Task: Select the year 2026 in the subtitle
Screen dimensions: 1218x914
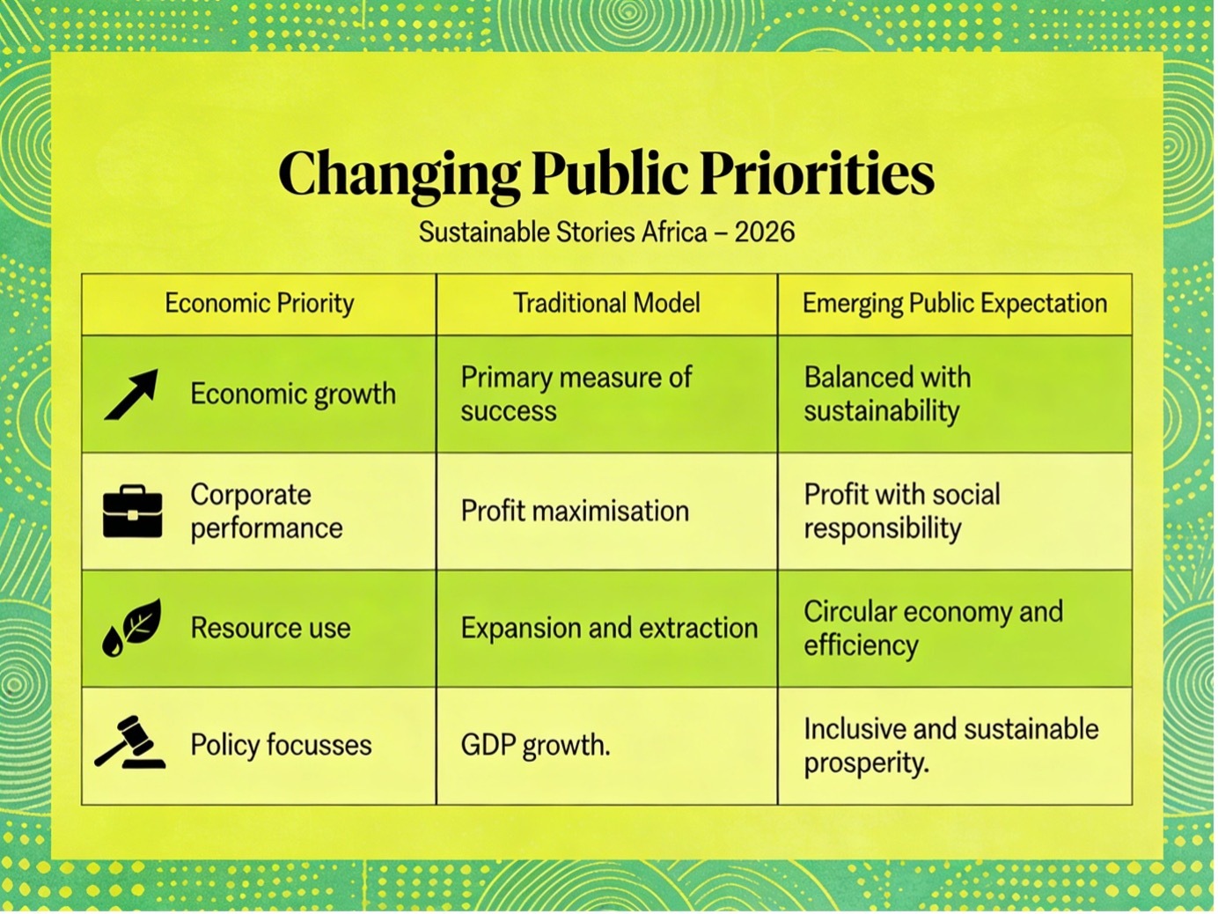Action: tap(765, 232)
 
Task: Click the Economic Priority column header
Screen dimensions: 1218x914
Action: tap(259, 304)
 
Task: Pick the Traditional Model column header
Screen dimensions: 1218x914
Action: tap(606, 303)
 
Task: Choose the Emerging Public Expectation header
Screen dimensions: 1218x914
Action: tap(955, 304)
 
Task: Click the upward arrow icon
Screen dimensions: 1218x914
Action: tap(131, 394)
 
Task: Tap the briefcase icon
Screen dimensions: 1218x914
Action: tap(133, 511)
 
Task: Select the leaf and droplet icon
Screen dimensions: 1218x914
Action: tap(132, 627)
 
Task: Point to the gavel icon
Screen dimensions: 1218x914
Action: tap(130, 742)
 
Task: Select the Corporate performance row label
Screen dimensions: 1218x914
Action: tap(267, 511)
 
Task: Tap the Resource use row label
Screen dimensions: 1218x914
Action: tap(271, 628)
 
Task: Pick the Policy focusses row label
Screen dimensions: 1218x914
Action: tap(282, 745)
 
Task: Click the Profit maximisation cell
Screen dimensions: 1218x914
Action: tap(575, 511)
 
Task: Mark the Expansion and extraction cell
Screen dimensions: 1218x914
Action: tap(609, 628)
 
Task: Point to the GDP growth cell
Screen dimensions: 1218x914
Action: tap(535, 745)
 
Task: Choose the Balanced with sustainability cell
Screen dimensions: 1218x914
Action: tap(887, 394)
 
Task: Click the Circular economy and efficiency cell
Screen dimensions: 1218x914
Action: tap(934, 629)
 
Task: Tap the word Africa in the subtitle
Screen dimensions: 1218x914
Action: tap(674, 232)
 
